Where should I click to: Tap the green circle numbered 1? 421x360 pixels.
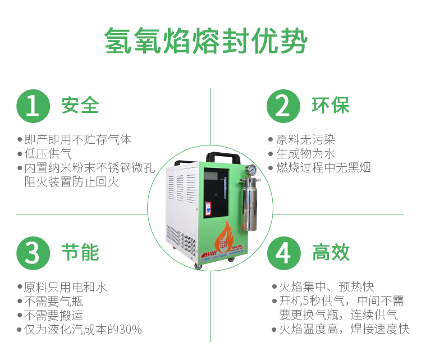(33, 105)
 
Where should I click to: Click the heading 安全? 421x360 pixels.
(80, 105)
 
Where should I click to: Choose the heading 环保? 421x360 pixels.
(331, 105)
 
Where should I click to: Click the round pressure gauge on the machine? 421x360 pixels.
(251, 170)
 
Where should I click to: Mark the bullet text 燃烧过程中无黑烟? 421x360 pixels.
(323, 167)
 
